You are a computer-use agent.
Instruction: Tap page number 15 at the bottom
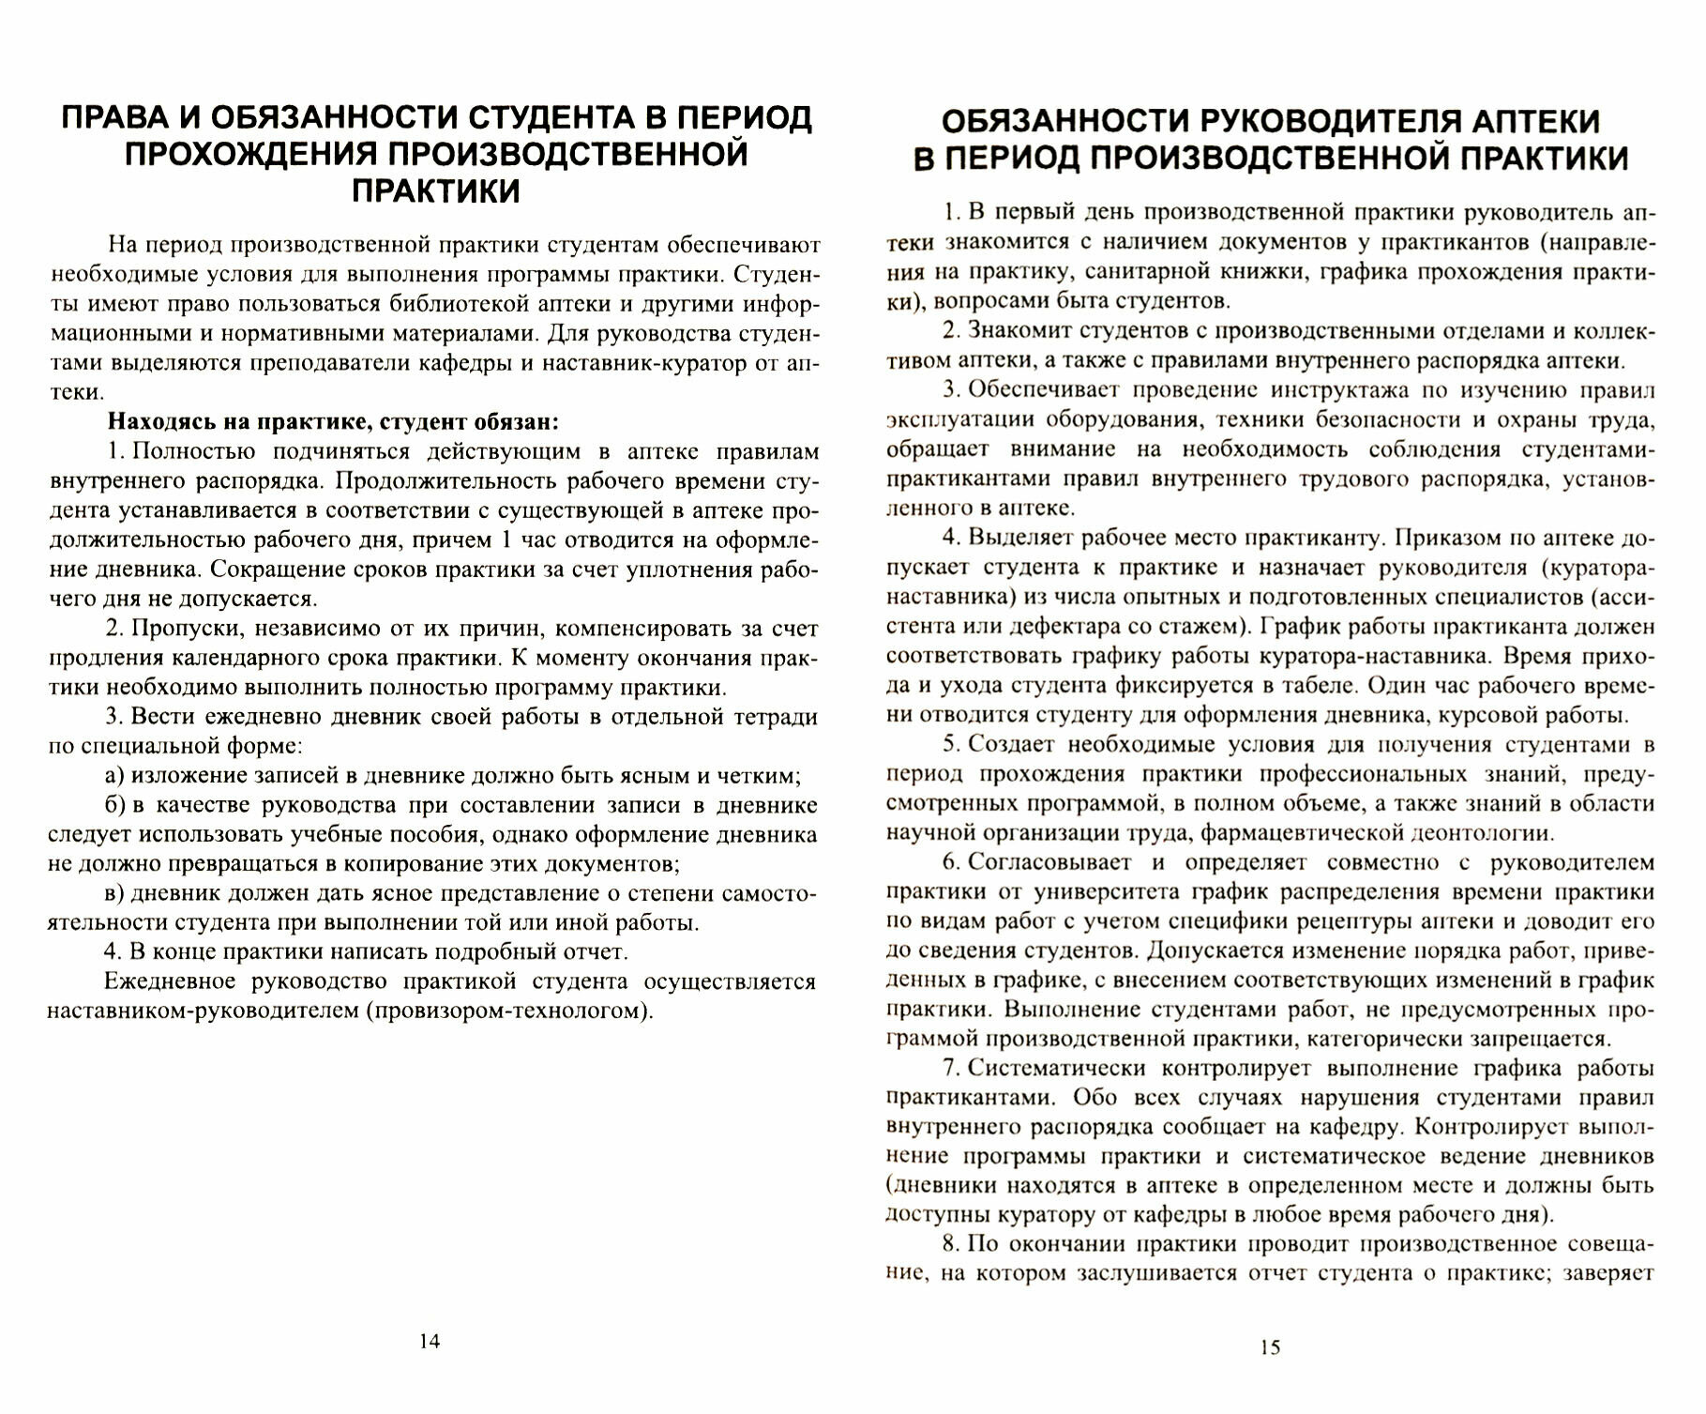click(x=1269, y=1347)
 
